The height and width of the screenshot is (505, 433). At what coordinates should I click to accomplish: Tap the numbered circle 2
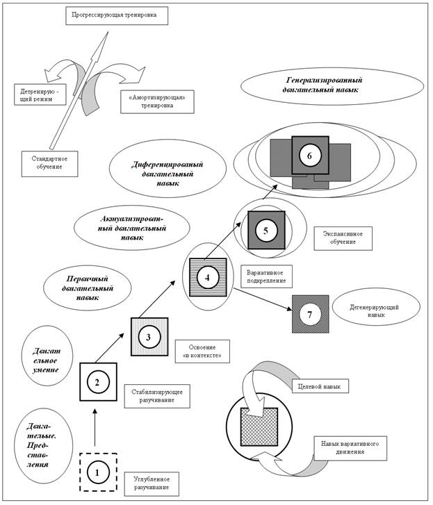pyautogui.click(x=98, y=381)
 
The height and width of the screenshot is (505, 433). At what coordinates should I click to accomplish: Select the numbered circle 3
pyautogui.click(x=149, y=337)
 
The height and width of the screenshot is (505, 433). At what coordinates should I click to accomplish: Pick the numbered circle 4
pyautogui.click(x=208, y=277)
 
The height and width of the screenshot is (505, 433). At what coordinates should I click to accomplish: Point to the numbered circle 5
pyautogui.click(x=266, y=229)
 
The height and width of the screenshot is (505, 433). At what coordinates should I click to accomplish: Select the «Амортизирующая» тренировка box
pyautogui.click(x=156, y=101)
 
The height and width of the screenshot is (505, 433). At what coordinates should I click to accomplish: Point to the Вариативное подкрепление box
pyautogui.click(x=266, y=274)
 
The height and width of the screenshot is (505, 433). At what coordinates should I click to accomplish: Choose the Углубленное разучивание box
pyautogui.click(x=152, y=484)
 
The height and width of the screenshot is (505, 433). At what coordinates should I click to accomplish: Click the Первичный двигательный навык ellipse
pyautogui.click(x=79, y=285)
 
